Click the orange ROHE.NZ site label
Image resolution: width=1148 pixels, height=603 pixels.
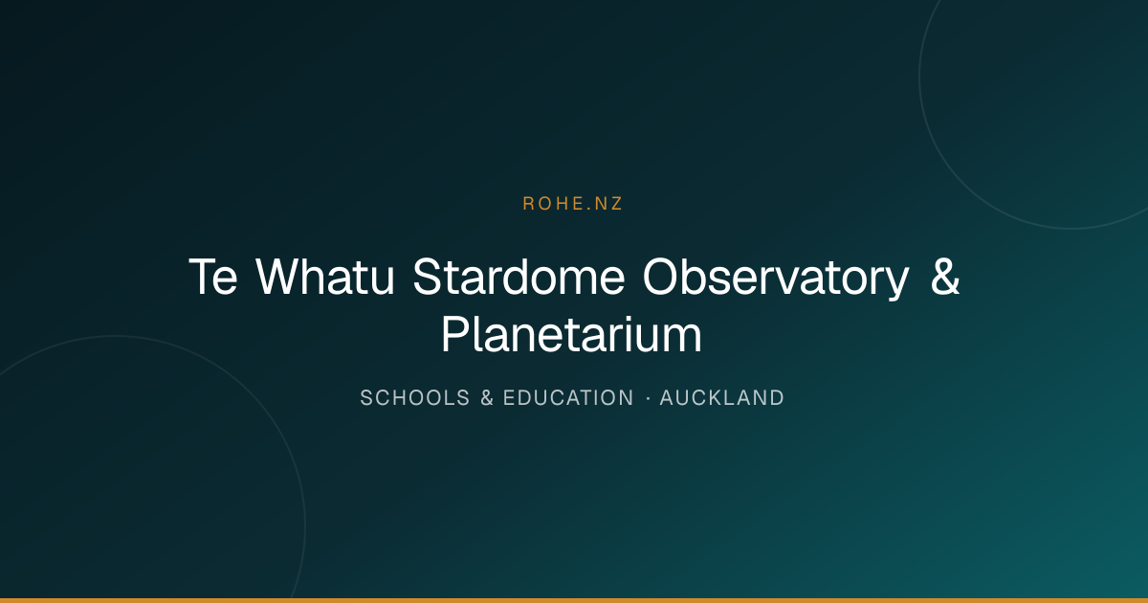click(x=572, y=204)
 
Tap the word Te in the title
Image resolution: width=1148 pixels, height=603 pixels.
click(x=213, y=277)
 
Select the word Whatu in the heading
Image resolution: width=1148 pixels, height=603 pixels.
click(x=325, y=277)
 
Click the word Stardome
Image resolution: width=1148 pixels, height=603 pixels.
click(x=519, y=277)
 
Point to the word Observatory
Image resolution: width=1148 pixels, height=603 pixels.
click(x=776, y=279)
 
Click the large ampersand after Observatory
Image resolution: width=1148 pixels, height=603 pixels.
click(x=945, y=277)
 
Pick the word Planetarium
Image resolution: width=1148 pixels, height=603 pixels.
click(x=571, y=334)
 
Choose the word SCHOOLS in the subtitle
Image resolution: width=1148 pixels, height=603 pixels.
click(x=414, y=398)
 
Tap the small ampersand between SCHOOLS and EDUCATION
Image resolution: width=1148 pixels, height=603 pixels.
click(x=487, y=398)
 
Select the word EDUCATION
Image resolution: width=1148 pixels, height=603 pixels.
click(x=568, y=398)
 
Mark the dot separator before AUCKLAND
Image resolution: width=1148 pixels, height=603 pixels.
click(x=649, y=398)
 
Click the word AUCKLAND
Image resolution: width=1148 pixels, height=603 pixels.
click(x=721, y=398)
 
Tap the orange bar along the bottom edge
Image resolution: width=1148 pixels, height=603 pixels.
click(x=574, y=600)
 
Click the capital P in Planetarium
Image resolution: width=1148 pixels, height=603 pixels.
click(x=455, y=334)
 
